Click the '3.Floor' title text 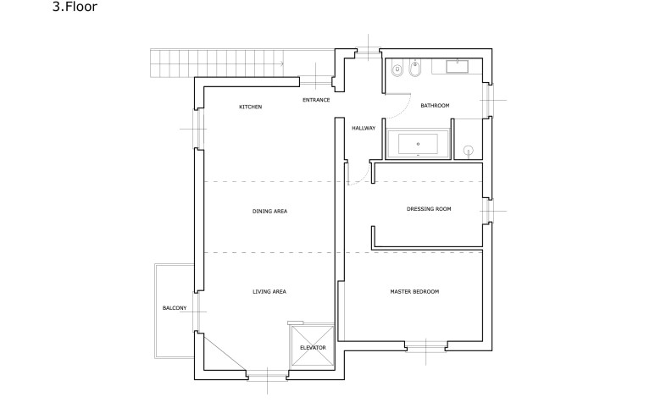pos(75,7)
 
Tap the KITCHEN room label pos(250,107)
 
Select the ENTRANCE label pos(316,100)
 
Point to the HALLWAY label pos(364,128)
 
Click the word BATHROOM pos(435,105)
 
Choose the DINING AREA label pos(269,211)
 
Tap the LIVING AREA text pos(269,291)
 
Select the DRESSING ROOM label pos(429,208)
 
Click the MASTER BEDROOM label pos(414,291)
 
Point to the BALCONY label pos(175,308)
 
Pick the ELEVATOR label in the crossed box pos(313,347)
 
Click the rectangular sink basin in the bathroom pos(458,66)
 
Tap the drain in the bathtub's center pos(418,144)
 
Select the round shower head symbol pos(469,151)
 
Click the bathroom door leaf pos(397,94)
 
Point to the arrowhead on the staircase pos(281,63)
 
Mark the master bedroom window pos(425,346)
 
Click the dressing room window pos(488,211)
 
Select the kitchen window pos(198,129)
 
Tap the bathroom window pos(487,100)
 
